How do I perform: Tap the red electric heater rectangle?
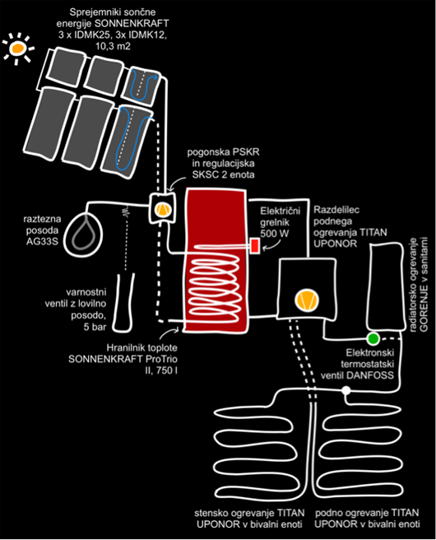pyautogui.click(x=255, y=246)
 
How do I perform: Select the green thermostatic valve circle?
pyautogui.click(x=373, y=339)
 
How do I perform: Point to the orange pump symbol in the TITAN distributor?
pyautogui.click(x=306, y=300)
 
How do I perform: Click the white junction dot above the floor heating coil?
pyautogui.click(x=346, y=390)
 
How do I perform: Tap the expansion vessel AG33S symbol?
pyautogui.click(x=84, y=234)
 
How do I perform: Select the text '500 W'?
pyautogui.click(x=274, y=234)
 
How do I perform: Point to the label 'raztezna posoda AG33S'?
pyautogui.click(x=42, y=230)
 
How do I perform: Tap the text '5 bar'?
pyautogui.click(x=95, y=327)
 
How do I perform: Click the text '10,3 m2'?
pyautogui.click(x=113, y=46)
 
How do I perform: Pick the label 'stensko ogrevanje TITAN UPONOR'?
pyautogui.click(x=249, y=519)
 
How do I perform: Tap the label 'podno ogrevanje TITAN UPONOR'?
pyautogui.click(x=367, y=519)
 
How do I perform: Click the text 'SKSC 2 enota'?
pyautogui.click(x=223, y=175)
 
